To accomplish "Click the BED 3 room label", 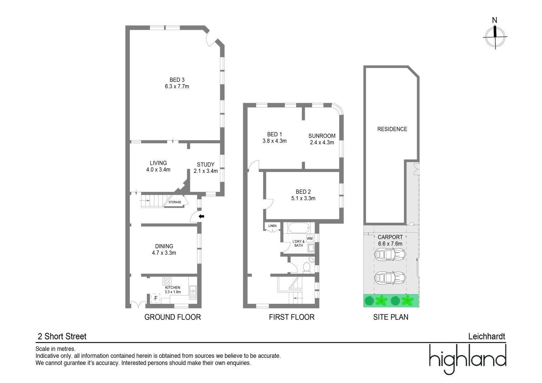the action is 177,80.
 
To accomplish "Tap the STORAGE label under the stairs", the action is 175,202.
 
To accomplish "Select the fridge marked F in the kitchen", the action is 156,298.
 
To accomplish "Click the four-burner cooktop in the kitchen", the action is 167,281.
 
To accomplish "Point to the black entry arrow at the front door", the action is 201,216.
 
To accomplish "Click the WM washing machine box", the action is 310,238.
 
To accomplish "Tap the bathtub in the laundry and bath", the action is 299,228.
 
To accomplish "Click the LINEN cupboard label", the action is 272,226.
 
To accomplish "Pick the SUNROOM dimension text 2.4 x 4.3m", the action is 322,143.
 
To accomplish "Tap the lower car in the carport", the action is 390,278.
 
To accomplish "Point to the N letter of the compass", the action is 494,20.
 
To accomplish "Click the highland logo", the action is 468,359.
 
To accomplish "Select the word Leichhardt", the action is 487,336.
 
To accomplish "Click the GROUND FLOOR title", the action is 172,317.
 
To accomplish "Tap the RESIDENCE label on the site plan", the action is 392,129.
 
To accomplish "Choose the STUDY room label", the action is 206,165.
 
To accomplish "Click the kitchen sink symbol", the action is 193,292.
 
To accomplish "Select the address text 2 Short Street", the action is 62,336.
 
